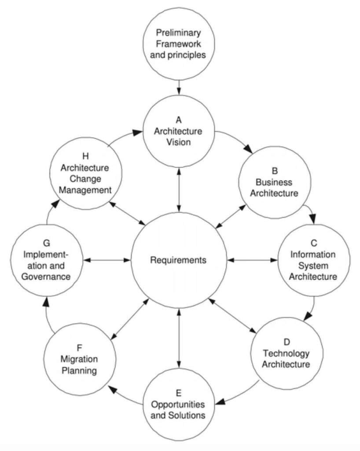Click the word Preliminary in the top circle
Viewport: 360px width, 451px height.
(x=179, y=33)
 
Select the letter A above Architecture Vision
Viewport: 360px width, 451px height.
(x=178, y=120)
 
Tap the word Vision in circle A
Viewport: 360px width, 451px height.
(x=178, y=142)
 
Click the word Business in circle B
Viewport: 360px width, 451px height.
(x=274, y=181)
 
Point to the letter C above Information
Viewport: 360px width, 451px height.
(x=314, y=243)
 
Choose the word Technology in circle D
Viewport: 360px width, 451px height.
(x=287, y=353)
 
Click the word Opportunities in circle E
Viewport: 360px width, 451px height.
(x=178, y=404)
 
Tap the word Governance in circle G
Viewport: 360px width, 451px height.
(x=47, y=277)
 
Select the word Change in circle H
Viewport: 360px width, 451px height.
(x=85, y=179)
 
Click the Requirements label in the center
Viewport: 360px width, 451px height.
(x=178, y=260)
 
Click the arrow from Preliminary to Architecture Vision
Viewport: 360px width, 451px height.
(x=179, y=87)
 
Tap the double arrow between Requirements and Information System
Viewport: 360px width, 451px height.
(x=252, y=260)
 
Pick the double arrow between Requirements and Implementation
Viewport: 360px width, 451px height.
(x=107, y=260)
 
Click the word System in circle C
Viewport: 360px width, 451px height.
(x=314, y=266)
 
